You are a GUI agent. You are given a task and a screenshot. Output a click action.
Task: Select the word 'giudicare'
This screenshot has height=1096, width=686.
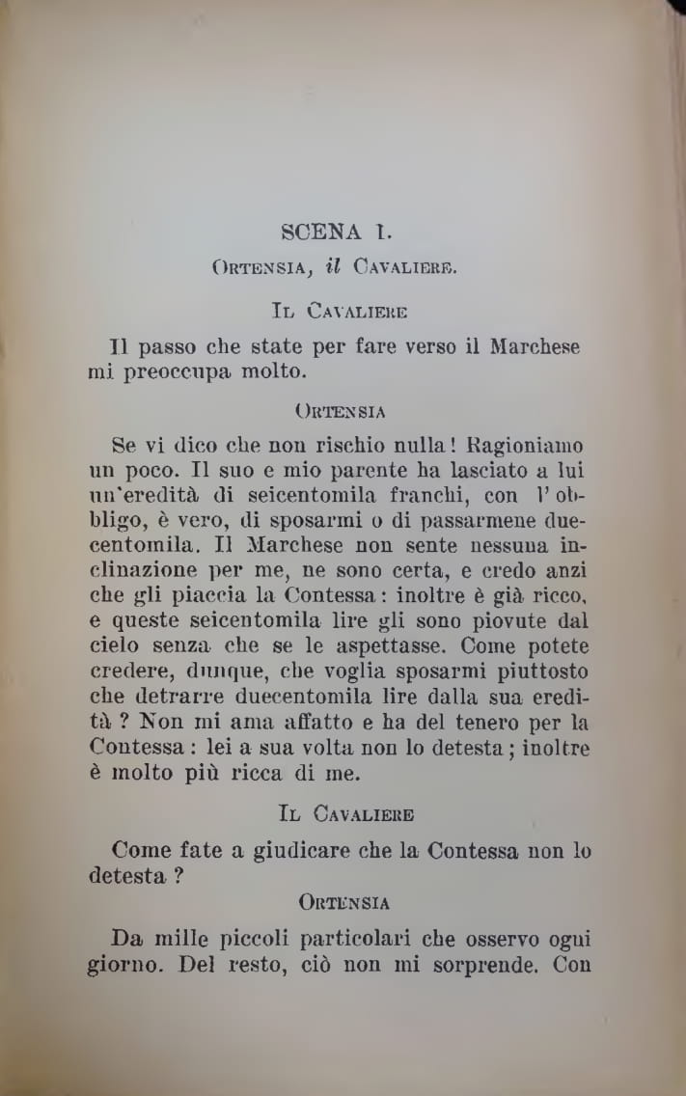pos(301,852)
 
